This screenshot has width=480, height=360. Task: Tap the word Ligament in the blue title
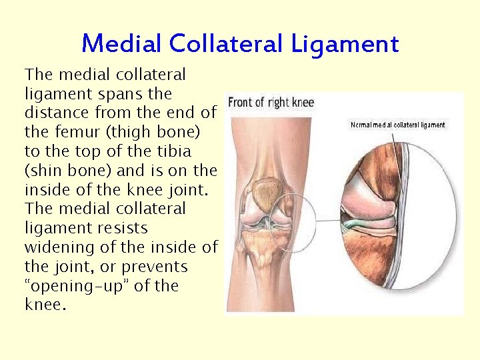coord(345,44)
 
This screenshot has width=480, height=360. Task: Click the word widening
coord(56,247)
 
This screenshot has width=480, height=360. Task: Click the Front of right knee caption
coord(271,103)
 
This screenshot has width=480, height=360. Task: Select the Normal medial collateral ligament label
coord(397,125)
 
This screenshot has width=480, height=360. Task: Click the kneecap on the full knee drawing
coord(268,192)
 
